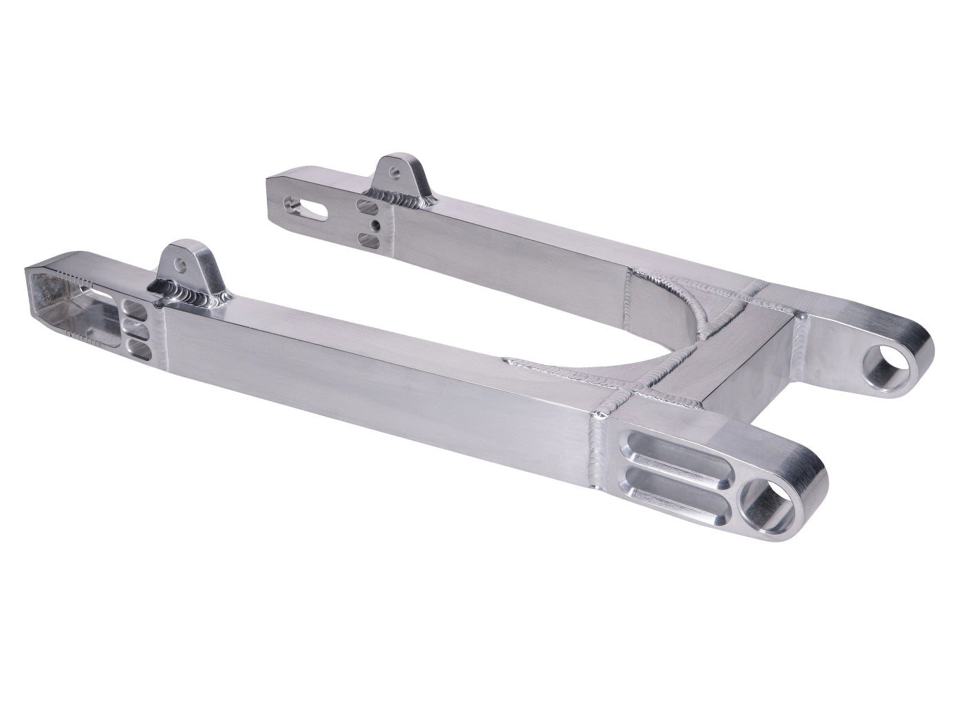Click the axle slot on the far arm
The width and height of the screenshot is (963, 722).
307,206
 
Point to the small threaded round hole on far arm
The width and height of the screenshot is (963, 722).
374,224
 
